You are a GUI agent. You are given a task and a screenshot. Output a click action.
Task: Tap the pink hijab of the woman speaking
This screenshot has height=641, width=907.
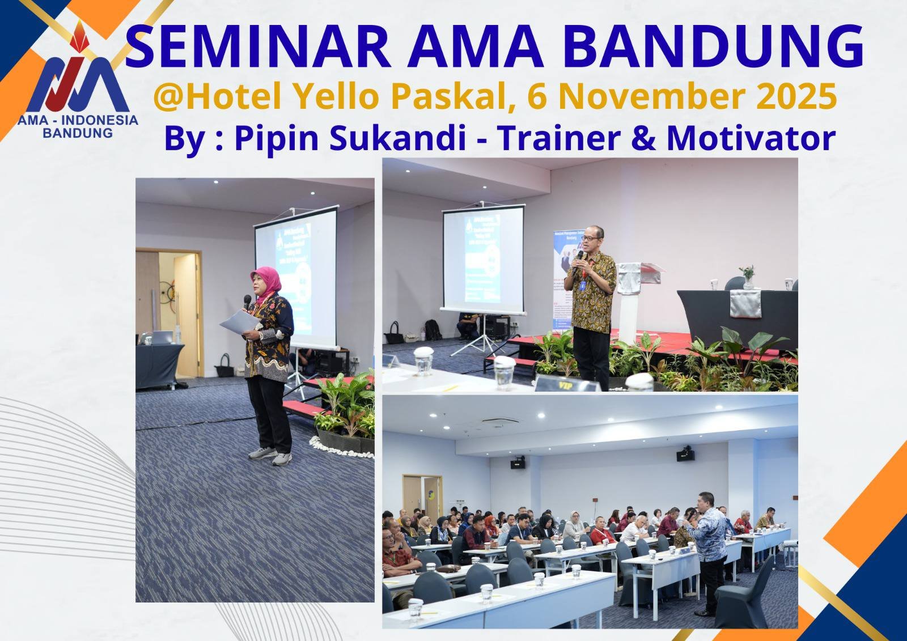click(x=266, y=281)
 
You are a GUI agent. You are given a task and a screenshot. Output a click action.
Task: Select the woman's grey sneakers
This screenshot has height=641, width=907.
click(x=271, y=455)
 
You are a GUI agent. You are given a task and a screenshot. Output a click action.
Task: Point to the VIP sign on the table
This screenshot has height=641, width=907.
click(x=564, y=385)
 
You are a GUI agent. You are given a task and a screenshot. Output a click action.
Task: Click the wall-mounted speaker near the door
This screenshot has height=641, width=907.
click(x=518, y=463)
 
